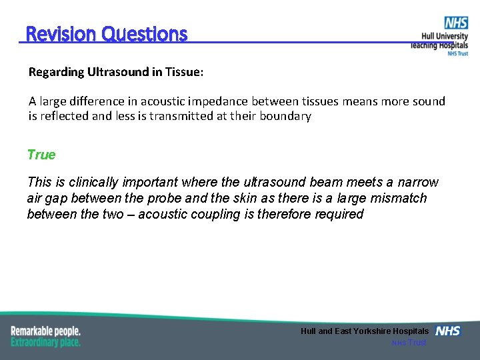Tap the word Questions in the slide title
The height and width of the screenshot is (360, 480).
click(x=145, y=33)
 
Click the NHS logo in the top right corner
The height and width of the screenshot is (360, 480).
click(x=456, y=23)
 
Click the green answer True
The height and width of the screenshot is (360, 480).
click(x=41, y=155)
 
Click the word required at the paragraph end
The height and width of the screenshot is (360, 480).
click(x=339, y=214)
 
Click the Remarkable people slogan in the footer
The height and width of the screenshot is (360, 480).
click(x=45, y=331)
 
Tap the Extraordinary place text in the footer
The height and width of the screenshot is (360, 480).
click(x=45, y=342)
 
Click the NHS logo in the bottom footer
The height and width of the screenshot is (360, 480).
click(x=447, y=331)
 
